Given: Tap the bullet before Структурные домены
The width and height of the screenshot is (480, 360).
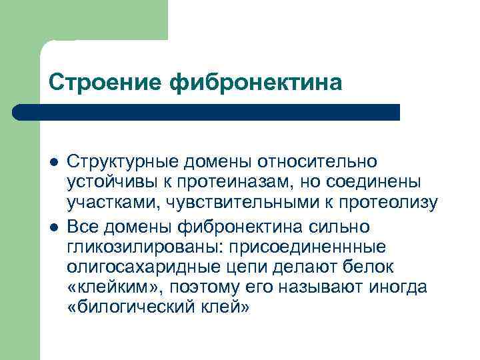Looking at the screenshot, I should tap(53, 163).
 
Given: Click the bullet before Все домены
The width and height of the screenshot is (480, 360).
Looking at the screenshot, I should tap(53, 227).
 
